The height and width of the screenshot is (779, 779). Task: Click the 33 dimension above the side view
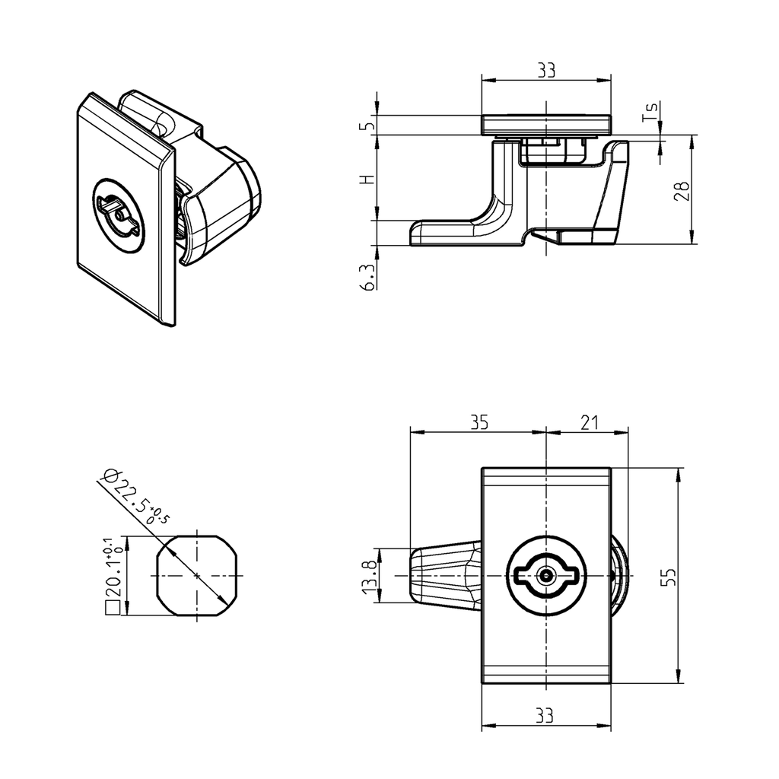point(545,70)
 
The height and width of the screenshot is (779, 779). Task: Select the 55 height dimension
point(667,576)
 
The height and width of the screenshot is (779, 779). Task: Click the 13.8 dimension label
point(368,577)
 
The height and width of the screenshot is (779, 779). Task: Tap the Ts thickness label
point(649,114)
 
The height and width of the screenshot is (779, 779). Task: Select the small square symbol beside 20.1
point(111,608)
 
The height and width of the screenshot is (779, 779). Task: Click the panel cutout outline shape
point(198,576)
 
